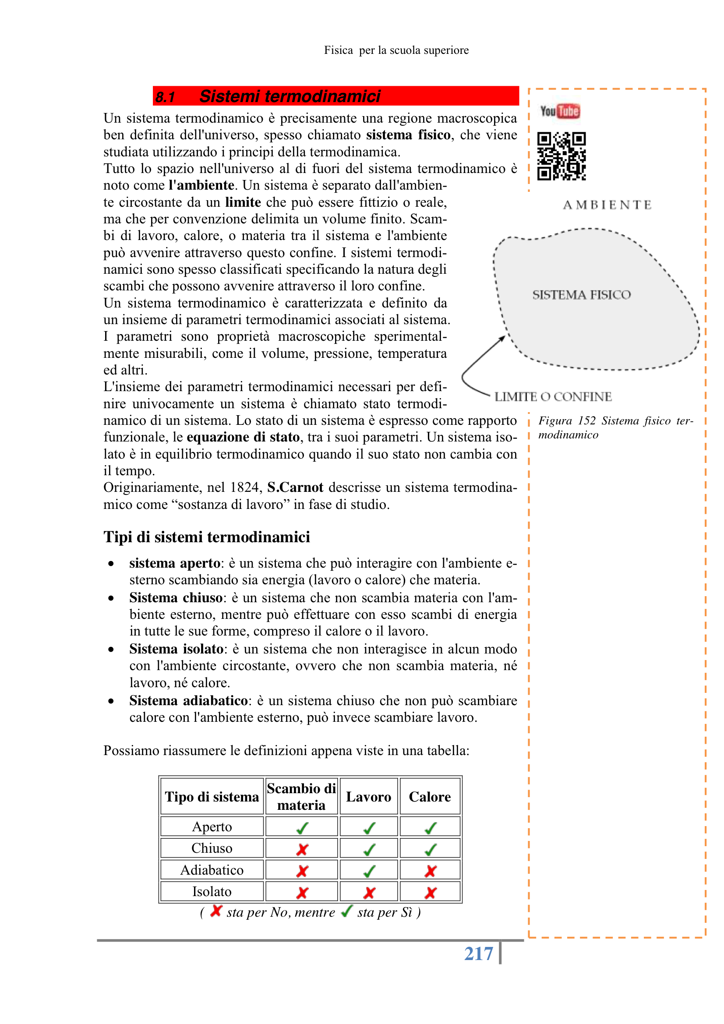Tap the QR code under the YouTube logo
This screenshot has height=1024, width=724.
[561, 155]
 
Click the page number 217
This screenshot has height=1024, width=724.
[478, 953]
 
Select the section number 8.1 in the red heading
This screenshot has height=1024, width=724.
[166, 97]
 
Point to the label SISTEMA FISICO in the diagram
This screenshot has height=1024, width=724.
[581, 295]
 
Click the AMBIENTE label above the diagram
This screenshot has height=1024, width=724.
[607, 205]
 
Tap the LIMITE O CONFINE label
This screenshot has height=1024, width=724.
[553, 396]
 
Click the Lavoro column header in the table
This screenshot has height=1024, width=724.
[368, 797]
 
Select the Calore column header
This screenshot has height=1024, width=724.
[430, 797]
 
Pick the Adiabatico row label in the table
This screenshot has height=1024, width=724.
[212, 870]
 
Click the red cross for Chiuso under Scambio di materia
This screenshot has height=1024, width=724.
[302, 849]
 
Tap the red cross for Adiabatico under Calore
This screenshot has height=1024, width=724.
[430, 871]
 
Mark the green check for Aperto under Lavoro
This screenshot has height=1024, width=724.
[369, 828]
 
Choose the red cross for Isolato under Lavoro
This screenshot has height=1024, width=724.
[369, 893]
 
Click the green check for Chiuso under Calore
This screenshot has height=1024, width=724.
[430, 849]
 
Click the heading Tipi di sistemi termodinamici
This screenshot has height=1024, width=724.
[207, 537]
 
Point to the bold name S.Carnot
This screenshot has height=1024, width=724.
[295, 487]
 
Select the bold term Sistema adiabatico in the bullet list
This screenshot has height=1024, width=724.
[189, 701]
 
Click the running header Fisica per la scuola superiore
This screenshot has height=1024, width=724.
[396, 50]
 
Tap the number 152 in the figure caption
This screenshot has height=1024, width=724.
[586, 420]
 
